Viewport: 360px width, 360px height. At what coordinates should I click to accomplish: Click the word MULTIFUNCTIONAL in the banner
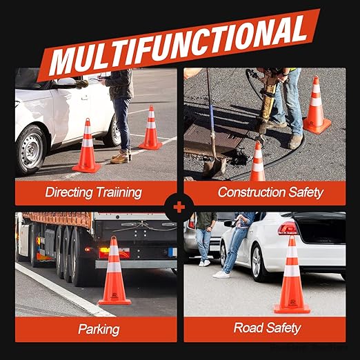click(179, 46)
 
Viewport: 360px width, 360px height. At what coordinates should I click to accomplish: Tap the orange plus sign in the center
click(179, 208)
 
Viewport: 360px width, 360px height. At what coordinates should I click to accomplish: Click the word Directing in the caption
click(69, 192)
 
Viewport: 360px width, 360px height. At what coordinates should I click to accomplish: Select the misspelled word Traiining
click(119, 192)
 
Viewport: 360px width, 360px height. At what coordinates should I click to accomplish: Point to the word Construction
click(252, 192)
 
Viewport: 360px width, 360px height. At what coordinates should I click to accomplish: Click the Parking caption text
click(99, 330)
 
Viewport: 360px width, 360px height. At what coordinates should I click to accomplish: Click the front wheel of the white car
click(30, 150)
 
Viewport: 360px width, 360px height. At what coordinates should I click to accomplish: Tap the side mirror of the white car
click(67, 82)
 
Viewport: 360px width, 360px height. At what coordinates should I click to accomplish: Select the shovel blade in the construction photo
click(214, 167)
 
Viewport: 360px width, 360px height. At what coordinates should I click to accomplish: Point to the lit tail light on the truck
click(105, 250)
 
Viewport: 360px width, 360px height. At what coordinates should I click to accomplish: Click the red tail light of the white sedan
click(288, 228)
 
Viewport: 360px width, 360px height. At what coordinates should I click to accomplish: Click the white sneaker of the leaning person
click(221, 274)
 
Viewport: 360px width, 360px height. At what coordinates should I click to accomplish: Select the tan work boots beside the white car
click(120, 157)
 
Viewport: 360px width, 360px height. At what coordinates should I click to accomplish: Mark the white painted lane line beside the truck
click(64, 289)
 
